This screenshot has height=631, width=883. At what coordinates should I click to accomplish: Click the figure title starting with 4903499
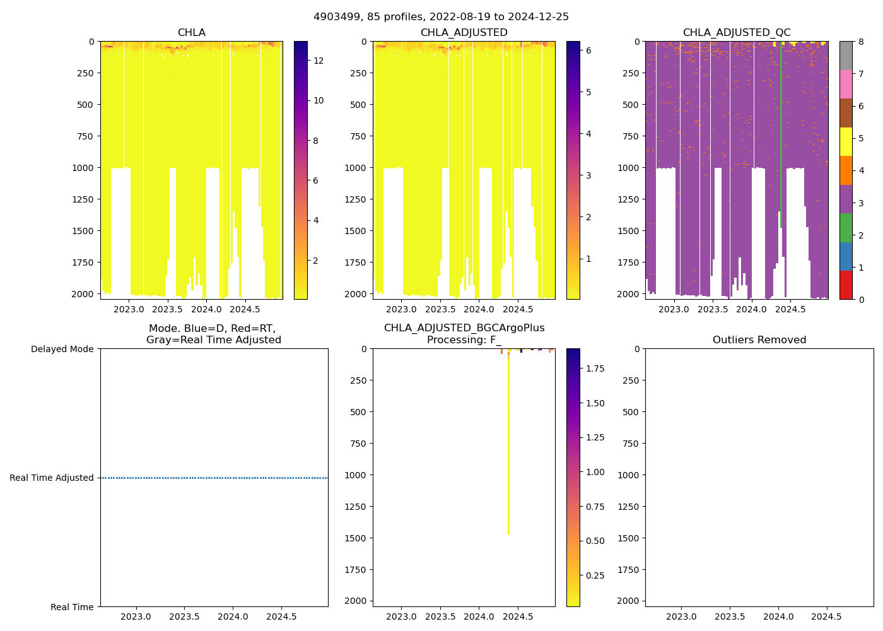tap(441, 17)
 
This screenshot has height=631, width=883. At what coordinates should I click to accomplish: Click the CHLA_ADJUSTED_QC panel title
tap(736, 33)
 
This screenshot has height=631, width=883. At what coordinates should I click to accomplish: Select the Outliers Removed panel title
tap(759, 340)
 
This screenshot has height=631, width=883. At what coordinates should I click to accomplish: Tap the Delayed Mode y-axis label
tap(62, 349)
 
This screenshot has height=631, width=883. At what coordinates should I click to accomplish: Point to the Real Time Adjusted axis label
tap(52, 478)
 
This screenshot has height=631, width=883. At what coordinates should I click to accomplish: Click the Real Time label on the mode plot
tap(72, 607)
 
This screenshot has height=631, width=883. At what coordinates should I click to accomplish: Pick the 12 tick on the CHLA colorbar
tap(319, 61)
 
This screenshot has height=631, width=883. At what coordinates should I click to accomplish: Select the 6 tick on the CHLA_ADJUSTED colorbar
tap(588, 50)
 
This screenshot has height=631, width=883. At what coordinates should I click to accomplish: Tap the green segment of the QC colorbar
tap(846, 228)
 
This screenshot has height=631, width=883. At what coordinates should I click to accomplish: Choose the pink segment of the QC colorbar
tap(846, 84)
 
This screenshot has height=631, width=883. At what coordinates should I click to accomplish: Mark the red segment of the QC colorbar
tap(846, 285)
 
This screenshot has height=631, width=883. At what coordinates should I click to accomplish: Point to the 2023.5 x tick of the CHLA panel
tap(167, 309)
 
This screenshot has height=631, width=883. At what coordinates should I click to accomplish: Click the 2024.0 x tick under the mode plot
tap(233, 616)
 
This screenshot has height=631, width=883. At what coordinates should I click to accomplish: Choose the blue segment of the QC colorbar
tap(846, 256)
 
